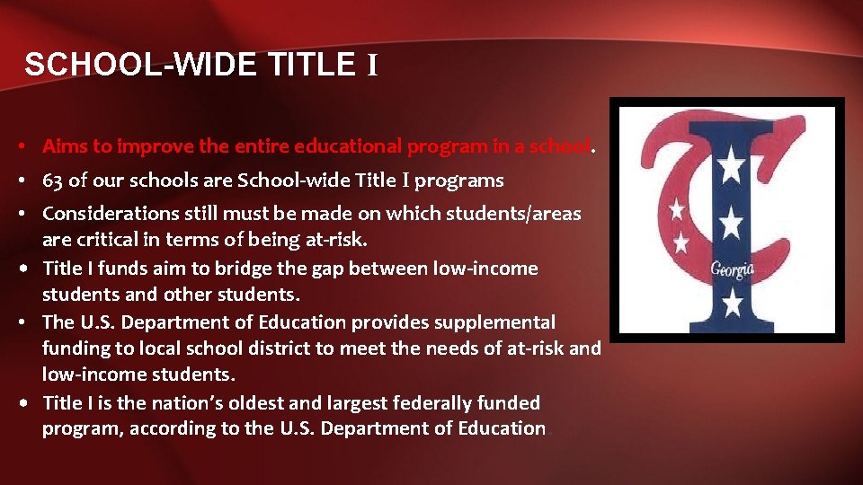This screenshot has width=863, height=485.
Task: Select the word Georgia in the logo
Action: point(733,269)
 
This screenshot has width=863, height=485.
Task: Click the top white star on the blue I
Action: point(732,165)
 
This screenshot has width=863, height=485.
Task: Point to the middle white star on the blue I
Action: point(732,219)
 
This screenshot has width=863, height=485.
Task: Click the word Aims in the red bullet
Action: point(64,145)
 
